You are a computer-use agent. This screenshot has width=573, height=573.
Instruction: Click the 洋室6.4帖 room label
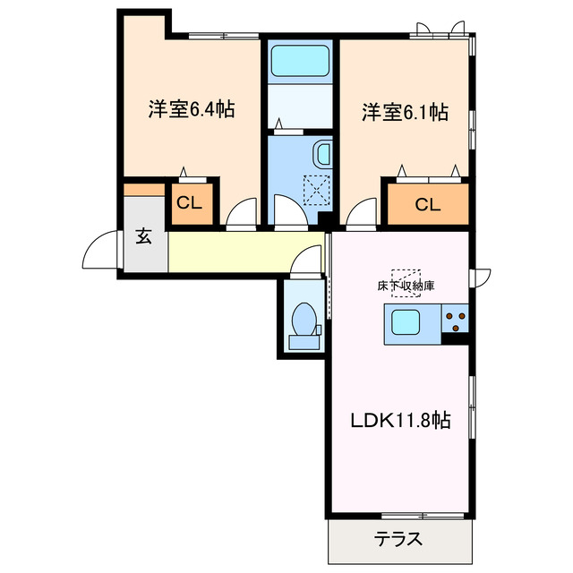click(192, 111)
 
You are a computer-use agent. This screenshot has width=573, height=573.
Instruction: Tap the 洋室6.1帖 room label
click(405, 113)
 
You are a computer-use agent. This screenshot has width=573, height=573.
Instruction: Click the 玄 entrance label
click(144, 236)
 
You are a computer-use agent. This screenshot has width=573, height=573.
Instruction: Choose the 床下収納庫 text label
click(406, 287)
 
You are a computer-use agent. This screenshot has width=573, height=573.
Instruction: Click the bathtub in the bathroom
click(300, 60)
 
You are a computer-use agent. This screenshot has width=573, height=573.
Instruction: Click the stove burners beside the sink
click(456, 315)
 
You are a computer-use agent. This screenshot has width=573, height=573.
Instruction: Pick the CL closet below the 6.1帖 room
click(427, 205)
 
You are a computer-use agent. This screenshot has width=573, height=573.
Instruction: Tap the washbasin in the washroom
click(322, 158)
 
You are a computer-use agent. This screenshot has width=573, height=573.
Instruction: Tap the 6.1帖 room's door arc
click(362, 215)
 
